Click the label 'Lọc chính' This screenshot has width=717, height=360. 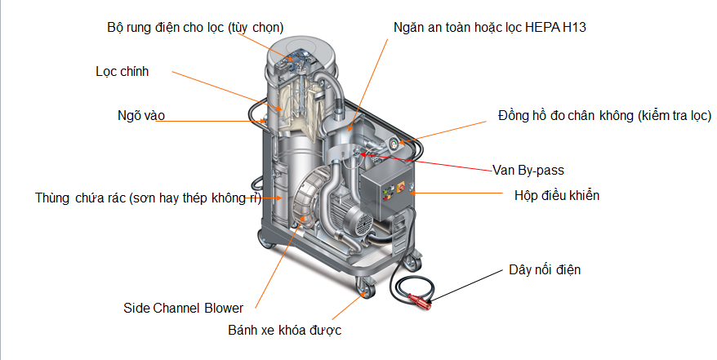122,71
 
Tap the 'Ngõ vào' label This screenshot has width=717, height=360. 140,116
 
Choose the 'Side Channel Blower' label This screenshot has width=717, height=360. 183,308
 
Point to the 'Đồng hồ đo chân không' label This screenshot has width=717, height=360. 604,116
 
